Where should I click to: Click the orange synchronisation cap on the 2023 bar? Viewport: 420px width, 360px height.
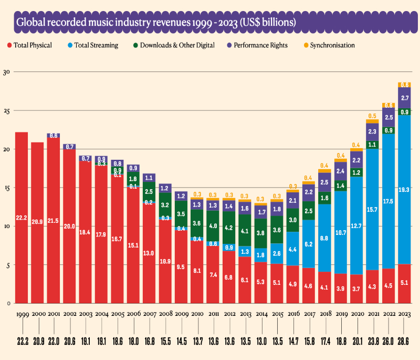404,85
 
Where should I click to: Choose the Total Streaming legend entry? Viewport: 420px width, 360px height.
96,45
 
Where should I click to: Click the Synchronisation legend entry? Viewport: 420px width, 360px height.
332,45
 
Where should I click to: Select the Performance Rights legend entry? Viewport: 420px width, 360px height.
260,45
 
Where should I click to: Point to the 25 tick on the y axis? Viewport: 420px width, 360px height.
6,111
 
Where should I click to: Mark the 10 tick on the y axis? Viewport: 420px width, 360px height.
6,227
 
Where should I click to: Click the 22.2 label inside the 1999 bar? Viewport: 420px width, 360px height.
22,218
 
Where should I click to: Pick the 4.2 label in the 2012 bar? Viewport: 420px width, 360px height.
229,229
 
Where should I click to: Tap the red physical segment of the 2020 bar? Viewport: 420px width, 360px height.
356,289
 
